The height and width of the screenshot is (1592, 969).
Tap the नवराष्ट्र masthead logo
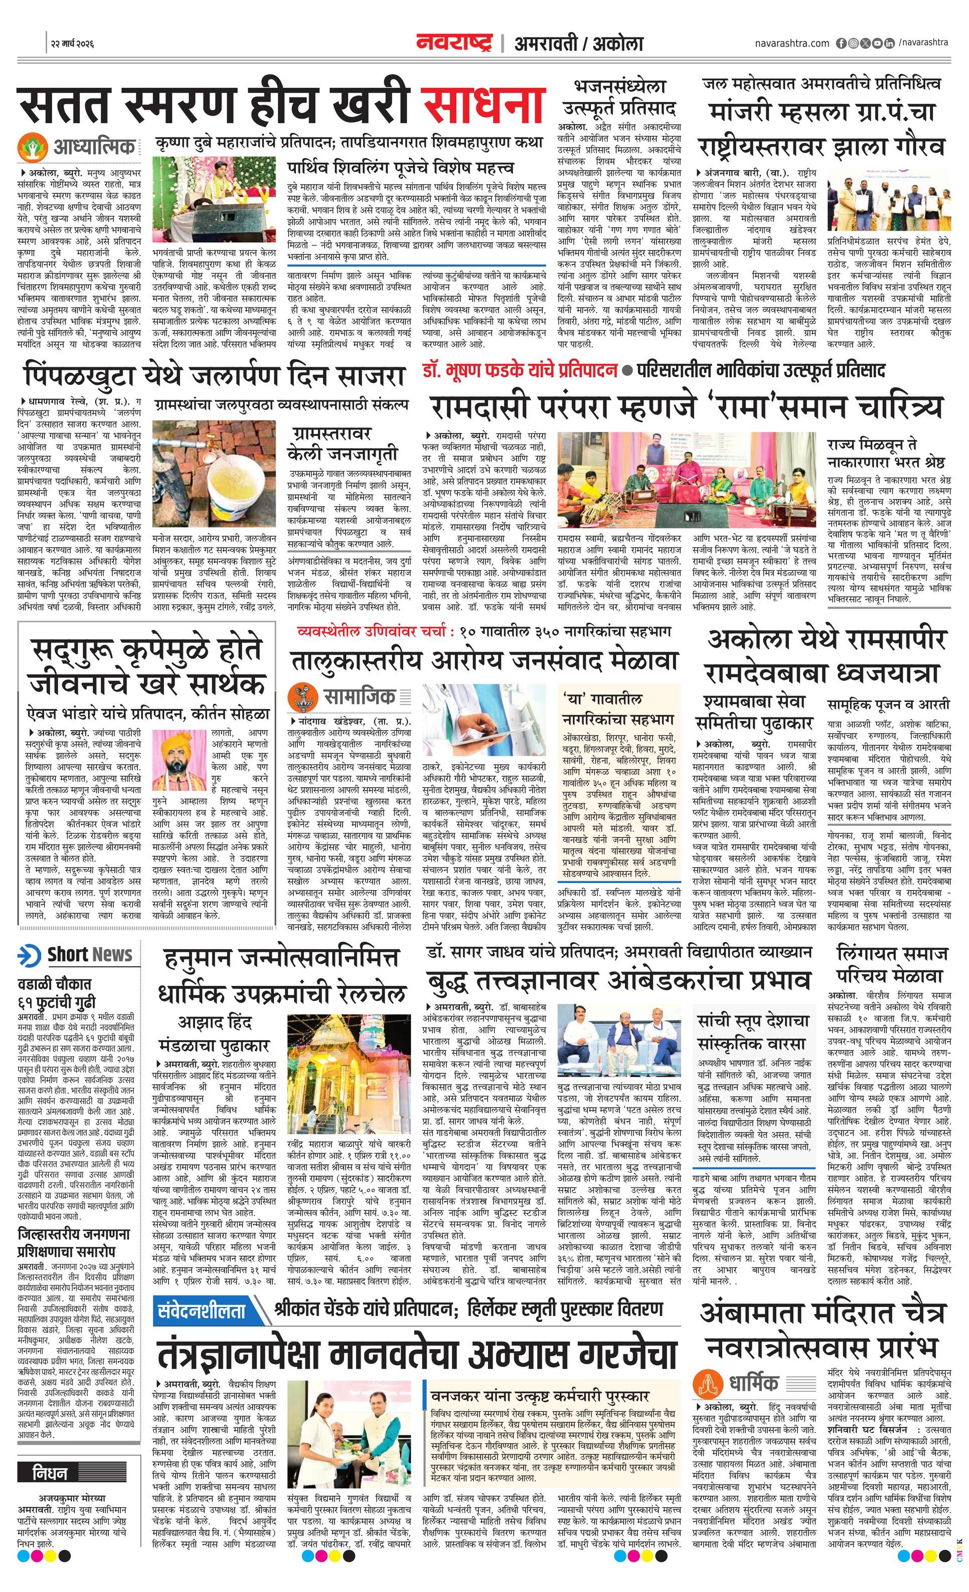click(453, 43)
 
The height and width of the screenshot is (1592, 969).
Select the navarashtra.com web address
click(791, 43)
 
